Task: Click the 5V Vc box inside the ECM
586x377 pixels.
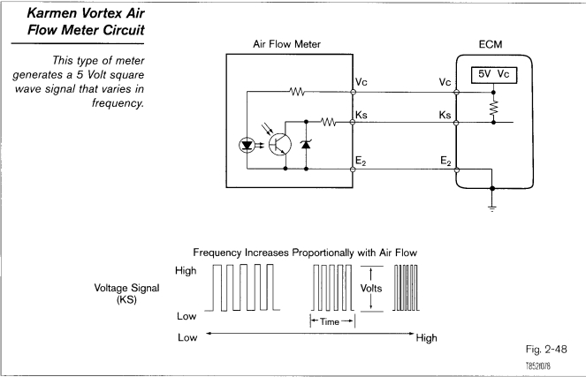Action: pyautogui.click(x=490, y=74)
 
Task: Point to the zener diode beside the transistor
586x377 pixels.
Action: pyautogui.click(x=307, y=144)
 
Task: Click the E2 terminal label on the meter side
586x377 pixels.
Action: pyautogui.click(x=361, y=161)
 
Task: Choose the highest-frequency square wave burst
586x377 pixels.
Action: pyautogui.click(x=410, y=287)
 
